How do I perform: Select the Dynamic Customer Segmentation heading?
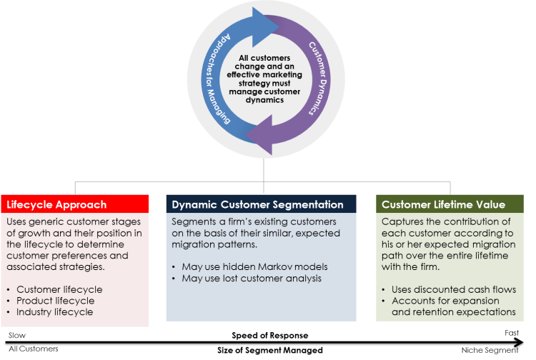257,204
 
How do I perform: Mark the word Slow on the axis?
14,334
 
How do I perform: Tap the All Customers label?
30,349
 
